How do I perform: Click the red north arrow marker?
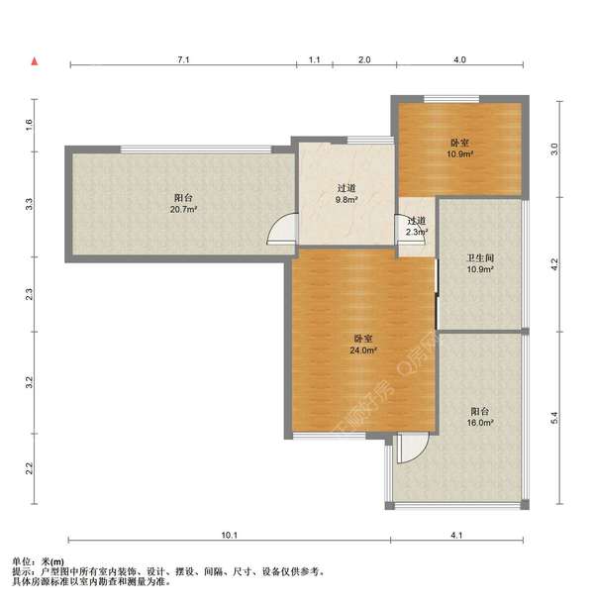coord(35,61)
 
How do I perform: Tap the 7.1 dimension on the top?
coord(183,59)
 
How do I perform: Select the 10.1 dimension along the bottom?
coord(229,535)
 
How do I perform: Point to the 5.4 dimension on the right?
coord(554,418)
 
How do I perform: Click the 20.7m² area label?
coord(183,210)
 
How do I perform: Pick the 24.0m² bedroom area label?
coord(363,351)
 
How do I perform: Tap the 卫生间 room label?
coord(480,257)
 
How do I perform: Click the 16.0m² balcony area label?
coord(480,423)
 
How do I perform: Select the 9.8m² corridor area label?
coord(346,200)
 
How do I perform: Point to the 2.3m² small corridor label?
coord(417,233)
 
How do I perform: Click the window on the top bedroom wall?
coord(451,99)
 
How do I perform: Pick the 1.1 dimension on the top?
coord(315,59)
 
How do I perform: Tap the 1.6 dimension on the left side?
coord(29,125)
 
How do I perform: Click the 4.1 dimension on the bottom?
coord(456,535)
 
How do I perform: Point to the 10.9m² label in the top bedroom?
coord(459,153)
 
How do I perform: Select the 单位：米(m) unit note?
coord(39,561)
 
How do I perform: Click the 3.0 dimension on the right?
coord(554,149)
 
